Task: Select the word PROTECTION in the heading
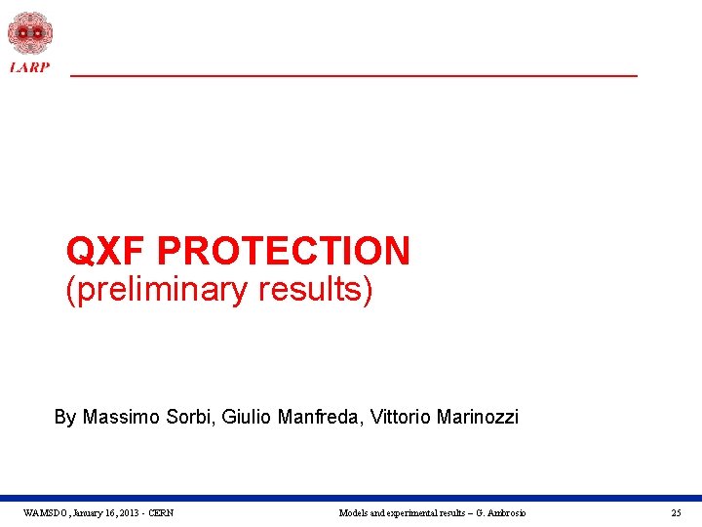(284, 251)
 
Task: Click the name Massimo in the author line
(119, 418)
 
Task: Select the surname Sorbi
(189, 418)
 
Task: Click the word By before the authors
(64, 418)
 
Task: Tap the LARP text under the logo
(29, 67)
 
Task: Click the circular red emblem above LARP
(29, 33)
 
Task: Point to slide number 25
(676, 513)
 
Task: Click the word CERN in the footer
(160, 513)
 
